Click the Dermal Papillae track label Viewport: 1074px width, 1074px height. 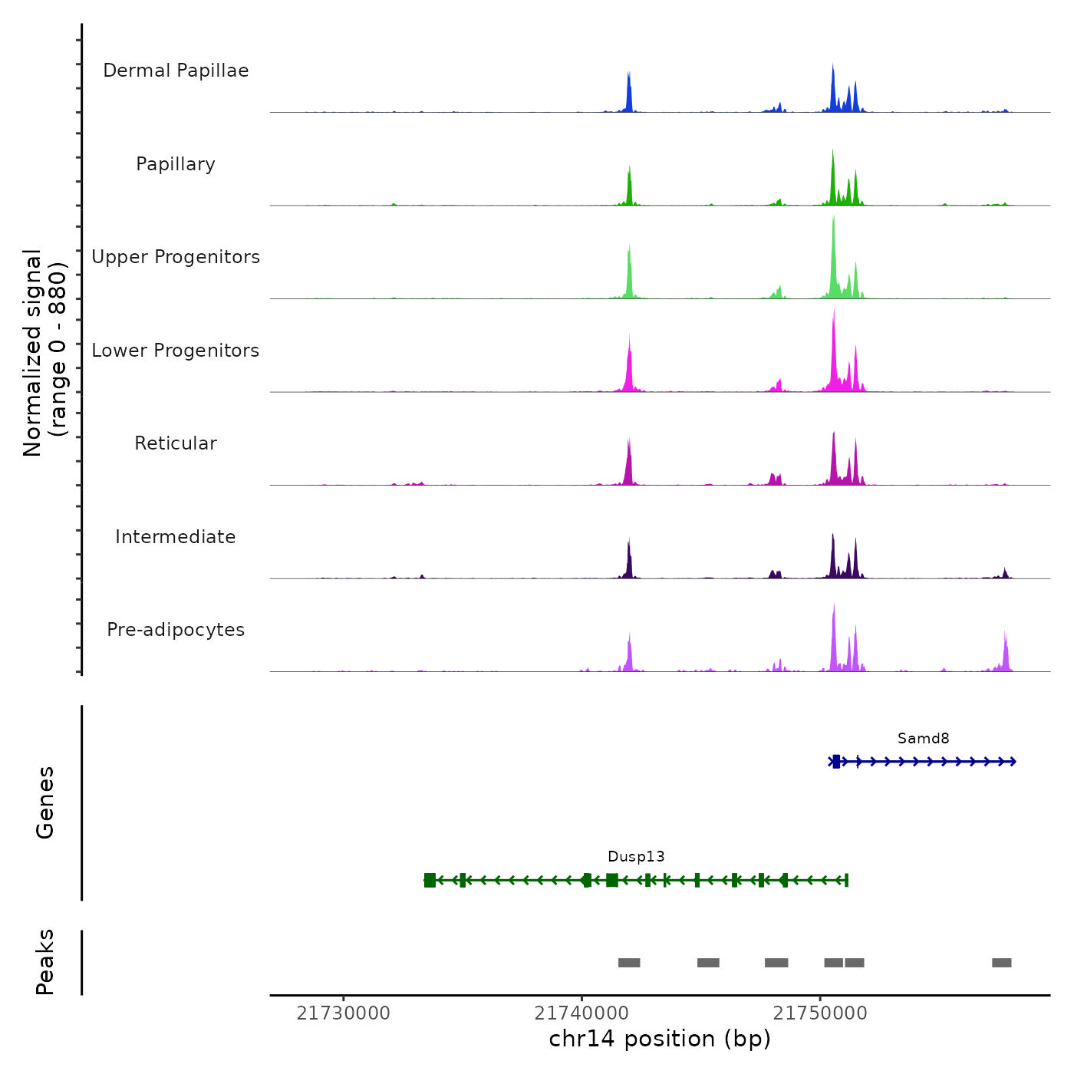pos(176,71)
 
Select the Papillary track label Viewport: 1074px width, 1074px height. pos(176,164)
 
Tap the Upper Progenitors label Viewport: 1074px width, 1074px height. pos(176,257)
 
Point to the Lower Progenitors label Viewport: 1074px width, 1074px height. pos(176,351)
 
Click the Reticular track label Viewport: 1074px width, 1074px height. pos(176,443)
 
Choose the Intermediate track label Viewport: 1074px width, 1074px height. pos(176,537)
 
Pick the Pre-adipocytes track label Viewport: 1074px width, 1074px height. pos(176,630)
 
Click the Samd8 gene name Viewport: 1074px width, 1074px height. pos(923,739)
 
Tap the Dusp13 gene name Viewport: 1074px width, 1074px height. pos(636,857)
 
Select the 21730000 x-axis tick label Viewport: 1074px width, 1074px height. pos(343,1013)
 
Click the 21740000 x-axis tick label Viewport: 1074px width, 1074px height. pos(581,1013)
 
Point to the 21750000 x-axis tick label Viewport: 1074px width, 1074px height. pos(820,1013)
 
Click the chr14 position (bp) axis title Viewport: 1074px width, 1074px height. pos(660,1039)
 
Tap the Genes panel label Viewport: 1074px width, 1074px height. pos(45,802)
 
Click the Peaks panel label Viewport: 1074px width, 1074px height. pos(45,962)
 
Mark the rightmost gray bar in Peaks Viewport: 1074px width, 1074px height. pos(1001,963)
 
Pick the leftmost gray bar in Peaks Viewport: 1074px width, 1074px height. pos(629,963)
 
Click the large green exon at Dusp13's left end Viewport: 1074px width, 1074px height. pos(430,880)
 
